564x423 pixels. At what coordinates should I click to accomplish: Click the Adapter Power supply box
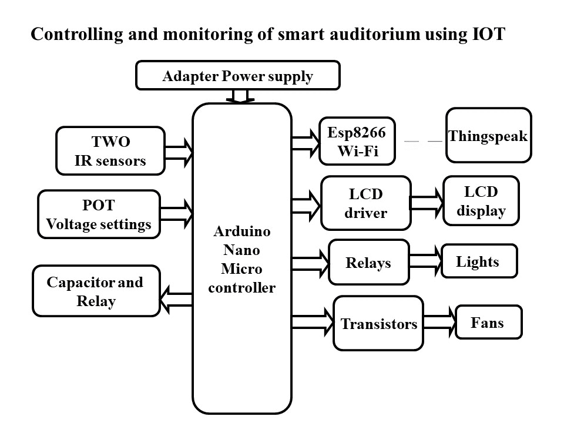coord(237,76)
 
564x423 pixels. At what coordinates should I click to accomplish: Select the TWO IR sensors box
coord(110,151)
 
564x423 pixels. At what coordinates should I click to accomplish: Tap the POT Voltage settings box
coord(99,214)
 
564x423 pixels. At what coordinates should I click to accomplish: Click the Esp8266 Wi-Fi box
coord(357,142)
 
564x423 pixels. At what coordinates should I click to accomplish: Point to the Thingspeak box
coord(488,136)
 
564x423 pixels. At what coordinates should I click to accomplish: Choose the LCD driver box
coord(365,203)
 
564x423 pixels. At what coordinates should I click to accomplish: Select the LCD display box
coord(481,201)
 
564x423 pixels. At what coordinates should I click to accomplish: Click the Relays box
coord(368,263)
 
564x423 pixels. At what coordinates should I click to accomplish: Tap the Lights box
coord(479,261)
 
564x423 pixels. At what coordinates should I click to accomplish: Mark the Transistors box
coord(378,324)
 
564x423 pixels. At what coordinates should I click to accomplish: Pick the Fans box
coord(488,322)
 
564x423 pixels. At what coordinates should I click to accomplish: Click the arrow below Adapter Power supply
coord(240,96)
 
